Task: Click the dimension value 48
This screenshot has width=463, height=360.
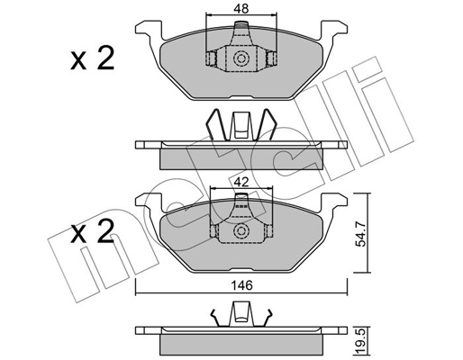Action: coord(241,9)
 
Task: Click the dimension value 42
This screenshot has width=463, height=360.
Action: coord(241,182)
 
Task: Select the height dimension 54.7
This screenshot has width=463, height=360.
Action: coord(361,233)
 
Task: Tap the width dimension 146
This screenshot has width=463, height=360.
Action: coord(242,285)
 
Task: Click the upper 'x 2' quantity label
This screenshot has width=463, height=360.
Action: coord(92,58)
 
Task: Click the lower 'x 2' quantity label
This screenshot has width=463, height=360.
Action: coord(92,231)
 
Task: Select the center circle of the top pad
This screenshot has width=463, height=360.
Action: coord(241,58)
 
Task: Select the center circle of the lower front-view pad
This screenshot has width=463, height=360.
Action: coord(241,230)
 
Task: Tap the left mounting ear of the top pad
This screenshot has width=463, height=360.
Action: coord(149,29)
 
